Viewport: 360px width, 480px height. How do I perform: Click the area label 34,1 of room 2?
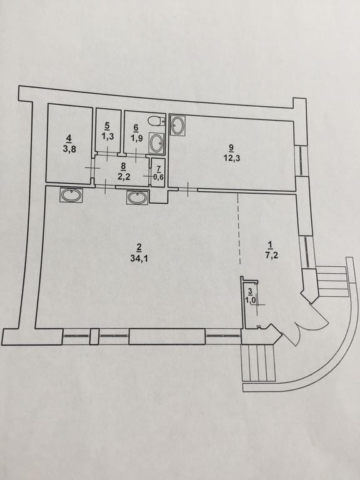tap(139, 258)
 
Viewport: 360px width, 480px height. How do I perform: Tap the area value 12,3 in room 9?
tap(231, 159)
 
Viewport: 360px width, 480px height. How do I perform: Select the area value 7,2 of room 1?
tap(271, 256)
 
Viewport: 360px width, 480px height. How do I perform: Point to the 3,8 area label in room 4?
tap(69, 149)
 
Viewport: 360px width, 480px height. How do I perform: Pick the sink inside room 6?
tap(157, 142)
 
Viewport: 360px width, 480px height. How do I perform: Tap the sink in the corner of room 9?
tap(177, 125)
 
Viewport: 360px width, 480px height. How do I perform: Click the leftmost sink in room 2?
tap(72, 195)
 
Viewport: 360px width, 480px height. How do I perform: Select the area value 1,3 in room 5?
tap(107, 136)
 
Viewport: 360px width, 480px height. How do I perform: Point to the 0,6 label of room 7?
tap(158, 177)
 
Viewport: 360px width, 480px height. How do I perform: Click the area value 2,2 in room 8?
tap(123, 177)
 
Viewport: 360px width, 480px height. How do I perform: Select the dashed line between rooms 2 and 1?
tap(239, 229)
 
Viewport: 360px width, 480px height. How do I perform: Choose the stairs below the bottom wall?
tap(259, 362)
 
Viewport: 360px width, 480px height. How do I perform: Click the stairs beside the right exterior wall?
tap(332, 282)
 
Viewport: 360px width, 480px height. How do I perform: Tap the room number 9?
tap(231, 147)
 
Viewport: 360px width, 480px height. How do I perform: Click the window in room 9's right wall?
tap(301, 160)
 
